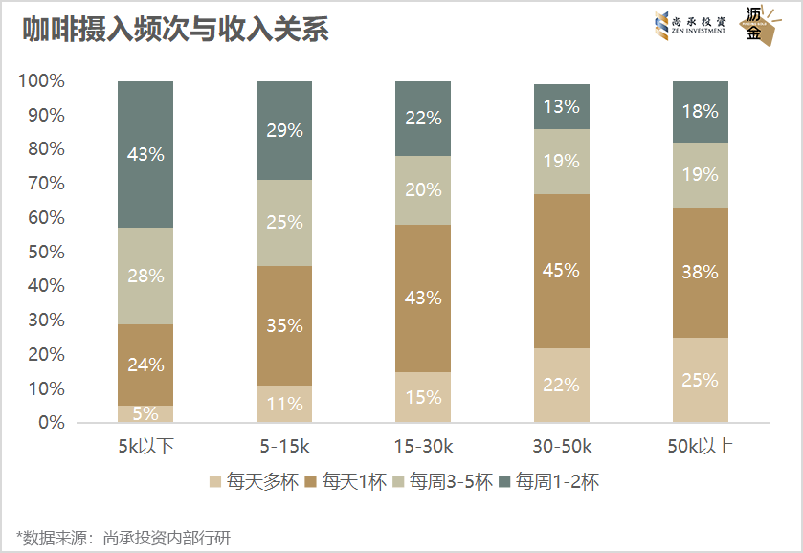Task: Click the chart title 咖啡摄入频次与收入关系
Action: [175, 30]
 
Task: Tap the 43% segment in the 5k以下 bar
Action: [145, 154]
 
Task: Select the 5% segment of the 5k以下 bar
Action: [145, 413]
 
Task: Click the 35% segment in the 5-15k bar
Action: [284, 325]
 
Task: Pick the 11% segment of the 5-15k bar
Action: [284, 404]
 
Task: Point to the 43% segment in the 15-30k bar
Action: [423, 298]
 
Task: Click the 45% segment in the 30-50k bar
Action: [562, 271]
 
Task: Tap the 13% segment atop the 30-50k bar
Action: [562, 106]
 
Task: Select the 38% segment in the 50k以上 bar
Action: [701, 272]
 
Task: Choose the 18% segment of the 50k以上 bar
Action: [701, 111]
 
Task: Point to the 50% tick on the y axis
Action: [45, 252]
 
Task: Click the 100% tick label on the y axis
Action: [41, 81]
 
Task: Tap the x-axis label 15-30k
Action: [423, 446]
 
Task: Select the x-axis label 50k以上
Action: [701, 446]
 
